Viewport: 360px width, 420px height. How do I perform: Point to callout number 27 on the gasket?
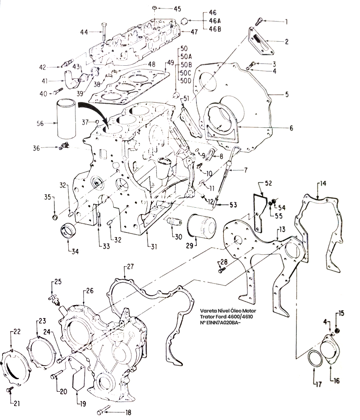coord(130,267)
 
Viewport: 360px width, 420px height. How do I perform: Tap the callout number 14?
coord(322,184)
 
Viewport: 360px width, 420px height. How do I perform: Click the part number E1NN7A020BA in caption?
coord(222,323)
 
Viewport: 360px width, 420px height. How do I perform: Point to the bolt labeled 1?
coord(260,19)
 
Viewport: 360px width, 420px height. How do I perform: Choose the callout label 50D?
coord(186,80)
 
